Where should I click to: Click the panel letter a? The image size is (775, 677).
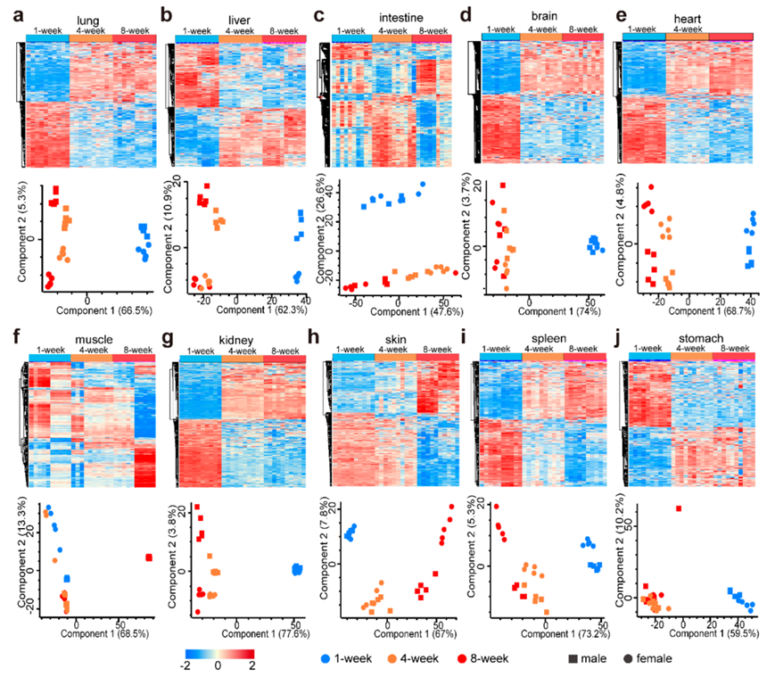click(14, 15)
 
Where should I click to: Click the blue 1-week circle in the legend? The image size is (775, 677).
click(327, 658)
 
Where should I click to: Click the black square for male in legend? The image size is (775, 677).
click(557, 658)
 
